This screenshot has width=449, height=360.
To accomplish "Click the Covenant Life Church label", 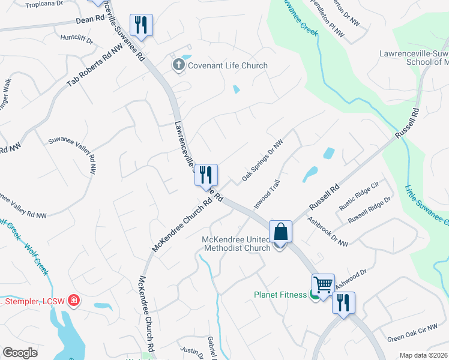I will tap(228, 65).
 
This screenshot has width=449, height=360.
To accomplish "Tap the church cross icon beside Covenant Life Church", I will tap(179, 65).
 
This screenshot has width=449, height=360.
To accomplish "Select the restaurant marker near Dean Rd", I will tap(142, 25).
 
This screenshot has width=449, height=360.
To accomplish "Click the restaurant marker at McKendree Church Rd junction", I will tap(206, 175).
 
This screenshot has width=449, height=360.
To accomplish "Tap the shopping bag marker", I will tap(280, 231).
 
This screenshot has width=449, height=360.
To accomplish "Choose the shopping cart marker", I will tap(323, 284).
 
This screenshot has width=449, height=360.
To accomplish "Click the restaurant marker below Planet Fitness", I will tap(343, 302).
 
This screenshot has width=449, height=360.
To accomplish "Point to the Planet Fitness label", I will tap(280, 295).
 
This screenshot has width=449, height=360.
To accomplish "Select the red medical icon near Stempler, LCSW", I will tap(73, 299).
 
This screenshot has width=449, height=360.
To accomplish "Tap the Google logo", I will tap(20, 353).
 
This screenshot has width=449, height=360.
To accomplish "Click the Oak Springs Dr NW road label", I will tap(262, 161).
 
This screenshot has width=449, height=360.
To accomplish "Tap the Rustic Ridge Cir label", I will tap(359, 197).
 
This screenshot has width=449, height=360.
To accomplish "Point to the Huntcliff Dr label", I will tap(77, 40).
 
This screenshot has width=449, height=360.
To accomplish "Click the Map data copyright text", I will tap(424, 355).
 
